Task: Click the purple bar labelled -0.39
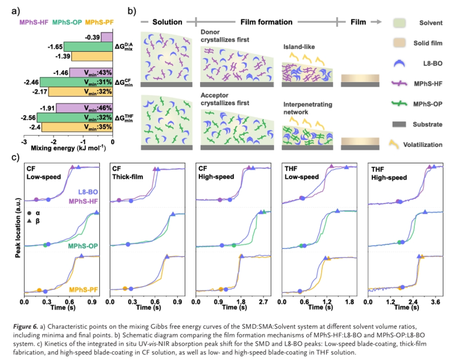107,37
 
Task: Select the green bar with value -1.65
88,47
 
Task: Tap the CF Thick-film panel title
131,173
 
